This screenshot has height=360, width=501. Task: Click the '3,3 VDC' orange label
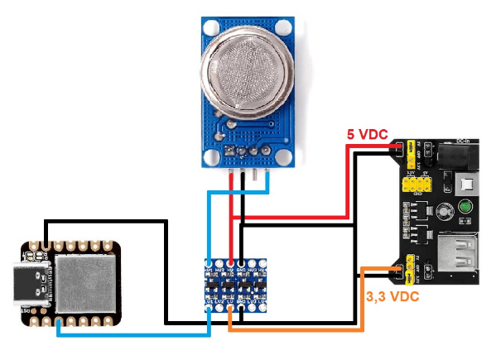(x=391, y=295)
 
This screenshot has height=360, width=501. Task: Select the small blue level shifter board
(x=236, y=286)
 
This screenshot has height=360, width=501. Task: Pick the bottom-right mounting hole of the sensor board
(x=284, y=156)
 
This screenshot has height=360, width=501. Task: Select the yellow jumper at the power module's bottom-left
(x=407, y=269)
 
